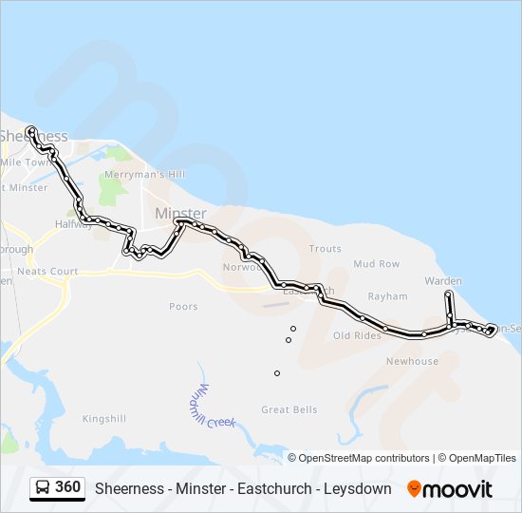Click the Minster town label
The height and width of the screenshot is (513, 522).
pos(180,214)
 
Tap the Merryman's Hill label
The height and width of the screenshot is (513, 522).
pos(145,175)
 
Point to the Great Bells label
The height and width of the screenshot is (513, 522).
pos(289,409)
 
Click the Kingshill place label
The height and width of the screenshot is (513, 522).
pos(104,418)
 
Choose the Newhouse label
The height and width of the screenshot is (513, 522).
pos(412,361)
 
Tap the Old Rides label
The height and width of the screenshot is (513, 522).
pos(357,335)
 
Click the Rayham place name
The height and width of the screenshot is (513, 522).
pos(387,296)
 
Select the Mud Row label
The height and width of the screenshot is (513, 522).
pos(377,264)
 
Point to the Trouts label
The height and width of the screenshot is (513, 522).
pos(325,249)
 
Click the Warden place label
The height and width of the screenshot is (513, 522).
pos(443,281)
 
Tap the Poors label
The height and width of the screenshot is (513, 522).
pos(183,306)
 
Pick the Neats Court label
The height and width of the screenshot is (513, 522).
pos(47,272)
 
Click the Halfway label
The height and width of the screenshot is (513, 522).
pos(73,224)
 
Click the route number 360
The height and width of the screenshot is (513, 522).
pos(67,487)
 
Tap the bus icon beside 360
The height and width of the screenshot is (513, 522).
pos(43,488)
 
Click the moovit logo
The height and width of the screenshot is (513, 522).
pos(450,489)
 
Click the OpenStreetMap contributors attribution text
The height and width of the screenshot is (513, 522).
pos(364,458)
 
